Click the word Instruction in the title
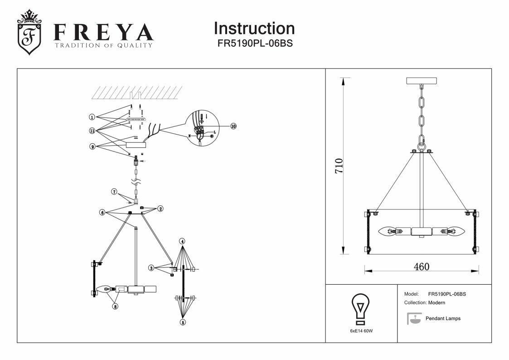coord(254,29)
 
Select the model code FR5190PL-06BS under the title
coord(254,44)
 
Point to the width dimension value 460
coord(422,267)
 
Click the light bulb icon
coord(361,308)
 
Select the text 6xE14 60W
coord(361,331)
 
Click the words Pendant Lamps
coord(443,318)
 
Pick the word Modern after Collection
coord(436,302)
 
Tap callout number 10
coord(233,126)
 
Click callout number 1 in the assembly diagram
coord(92,117)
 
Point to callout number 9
coord(92,146)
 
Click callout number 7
coord(115,192)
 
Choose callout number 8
coord(115,306)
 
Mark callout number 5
coord(182,322)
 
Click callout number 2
coord(160,209)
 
